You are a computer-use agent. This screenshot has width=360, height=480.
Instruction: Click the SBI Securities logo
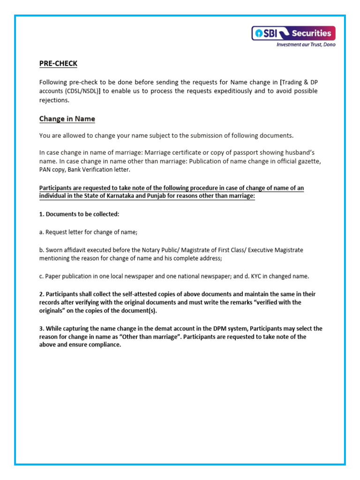click(293, 33)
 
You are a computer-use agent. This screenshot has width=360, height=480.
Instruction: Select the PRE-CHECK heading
click(58, 63)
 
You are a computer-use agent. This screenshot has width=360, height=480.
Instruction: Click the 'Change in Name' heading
click(67, 119)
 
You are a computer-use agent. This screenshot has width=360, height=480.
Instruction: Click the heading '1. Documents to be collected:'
click(79, 214)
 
